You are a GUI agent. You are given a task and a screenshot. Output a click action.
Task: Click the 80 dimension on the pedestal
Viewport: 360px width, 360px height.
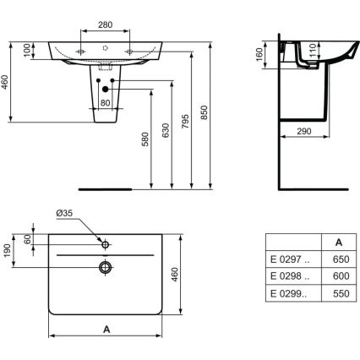106,104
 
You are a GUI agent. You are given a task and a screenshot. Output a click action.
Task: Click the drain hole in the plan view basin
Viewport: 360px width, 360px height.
104,268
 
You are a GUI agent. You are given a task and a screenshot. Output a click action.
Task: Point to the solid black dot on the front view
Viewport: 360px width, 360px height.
105,88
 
